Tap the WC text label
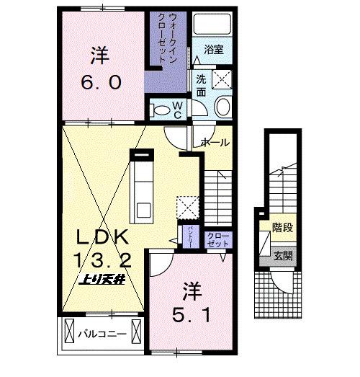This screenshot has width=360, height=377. click(177, 108)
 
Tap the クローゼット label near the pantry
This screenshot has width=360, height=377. click(215, 238)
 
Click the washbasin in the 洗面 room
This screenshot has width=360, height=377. click(222, 107)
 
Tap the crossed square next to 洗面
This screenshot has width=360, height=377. click(222, 79)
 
